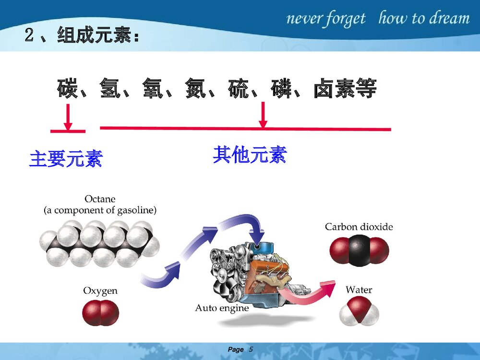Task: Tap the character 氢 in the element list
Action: [110, 89]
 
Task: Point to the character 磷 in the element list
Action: [282, 89]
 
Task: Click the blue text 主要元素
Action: [66, 158]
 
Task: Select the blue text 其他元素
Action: [250, 155]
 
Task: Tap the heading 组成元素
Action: [94, 35]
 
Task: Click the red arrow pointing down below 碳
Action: [68, 118]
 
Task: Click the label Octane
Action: [100, 198]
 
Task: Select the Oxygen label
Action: [100, 291]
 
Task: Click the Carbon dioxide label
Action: [359, 227]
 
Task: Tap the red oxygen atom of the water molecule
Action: [359, 306]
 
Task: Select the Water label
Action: [359, 290]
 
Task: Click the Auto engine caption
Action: [222, 308]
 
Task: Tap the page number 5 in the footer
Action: [251, 349]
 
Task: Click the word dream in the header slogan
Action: [448, 19]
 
